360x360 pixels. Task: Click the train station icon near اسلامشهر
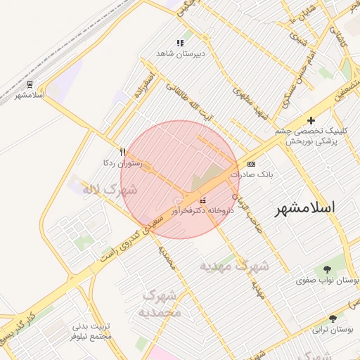(x=29, y=84)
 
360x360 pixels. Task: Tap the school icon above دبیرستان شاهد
(x=180, y=42)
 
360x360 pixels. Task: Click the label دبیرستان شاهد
(x=179, y=53)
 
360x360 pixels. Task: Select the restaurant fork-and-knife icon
(x=123, y=151)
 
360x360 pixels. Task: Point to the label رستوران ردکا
(x=123, y=162)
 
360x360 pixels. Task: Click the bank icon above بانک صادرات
(x=251, y=163)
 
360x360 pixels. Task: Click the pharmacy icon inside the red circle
(x=203, y=200)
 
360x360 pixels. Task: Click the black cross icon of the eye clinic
(x=311, y=121)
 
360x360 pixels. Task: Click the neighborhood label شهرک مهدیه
(x=234, y=266)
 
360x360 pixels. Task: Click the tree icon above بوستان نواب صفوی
(x=328, y=270)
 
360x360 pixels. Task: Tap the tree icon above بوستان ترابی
(x=333, y=319)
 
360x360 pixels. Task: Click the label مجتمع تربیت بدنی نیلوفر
(x=92, y=332)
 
